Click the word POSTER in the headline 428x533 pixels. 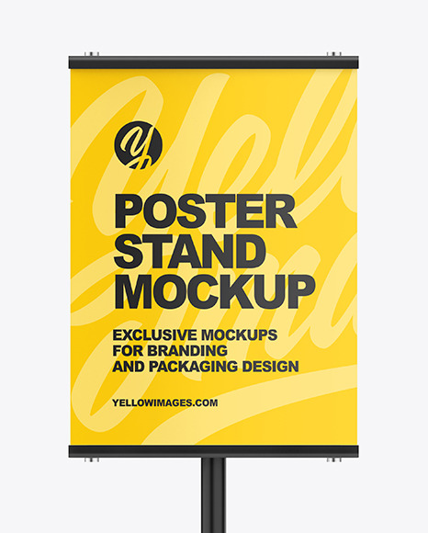[x=204, y=212]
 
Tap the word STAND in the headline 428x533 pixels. [x=189, y=252]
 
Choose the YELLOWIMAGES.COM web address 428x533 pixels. [x=165, y=402]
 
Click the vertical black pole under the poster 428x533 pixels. [x=213, y=496]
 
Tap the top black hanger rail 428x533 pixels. [x=213, y=63]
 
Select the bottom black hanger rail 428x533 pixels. [x=213, y=450]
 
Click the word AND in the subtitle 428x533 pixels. [x=127, y=367]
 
